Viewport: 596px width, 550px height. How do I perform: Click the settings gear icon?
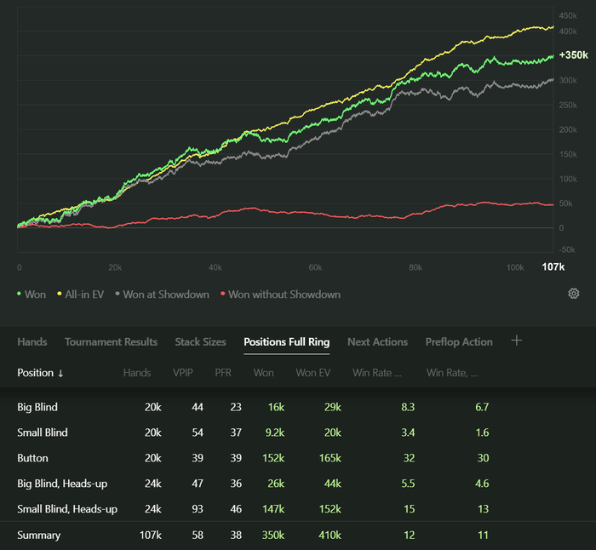click(x=574, y=294)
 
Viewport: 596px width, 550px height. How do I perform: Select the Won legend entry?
click(x=32, y=295)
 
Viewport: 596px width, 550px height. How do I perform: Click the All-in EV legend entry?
click(x=85, y=295)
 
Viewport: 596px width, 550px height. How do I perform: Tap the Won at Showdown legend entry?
click(x=162, y=295)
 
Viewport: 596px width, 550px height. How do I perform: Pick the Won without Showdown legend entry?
click(x=280, y=295)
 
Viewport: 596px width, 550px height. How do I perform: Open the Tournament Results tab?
click(x=111, y=342)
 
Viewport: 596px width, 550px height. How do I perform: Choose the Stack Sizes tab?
click(x=200, y=342)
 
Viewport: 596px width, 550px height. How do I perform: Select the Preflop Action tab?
click(x=459, y=342)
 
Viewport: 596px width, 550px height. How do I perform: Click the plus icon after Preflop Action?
click(x=516, y=341)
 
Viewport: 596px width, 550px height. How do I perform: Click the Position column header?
click(x=40, y=373)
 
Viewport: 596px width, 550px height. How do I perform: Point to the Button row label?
click(x=32, y=458)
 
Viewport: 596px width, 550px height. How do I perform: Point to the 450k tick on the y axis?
click(x=568, y=15)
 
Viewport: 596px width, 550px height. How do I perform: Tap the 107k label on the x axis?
click(x=553, y=267)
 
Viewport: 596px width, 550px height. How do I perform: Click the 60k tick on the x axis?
click(x=315, y=267)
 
